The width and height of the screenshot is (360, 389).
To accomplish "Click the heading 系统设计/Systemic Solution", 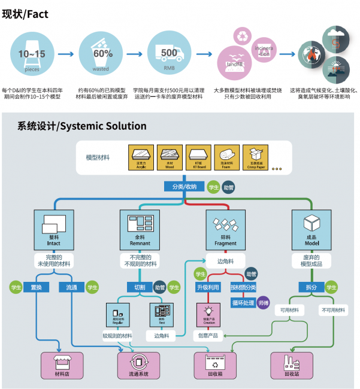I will (x=81, y=126).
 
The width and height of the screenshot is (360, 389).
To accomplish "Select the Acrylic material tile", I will (x=141, y=157).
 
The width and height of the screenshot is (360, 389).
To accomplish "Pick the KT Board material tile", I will (x=196, y=157).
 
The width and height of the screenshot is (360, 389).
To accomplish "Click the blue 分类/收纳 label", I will (x=184, y=187).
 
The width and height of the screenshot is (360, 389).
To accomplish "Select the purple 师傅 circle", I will (x=264, y=303).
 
